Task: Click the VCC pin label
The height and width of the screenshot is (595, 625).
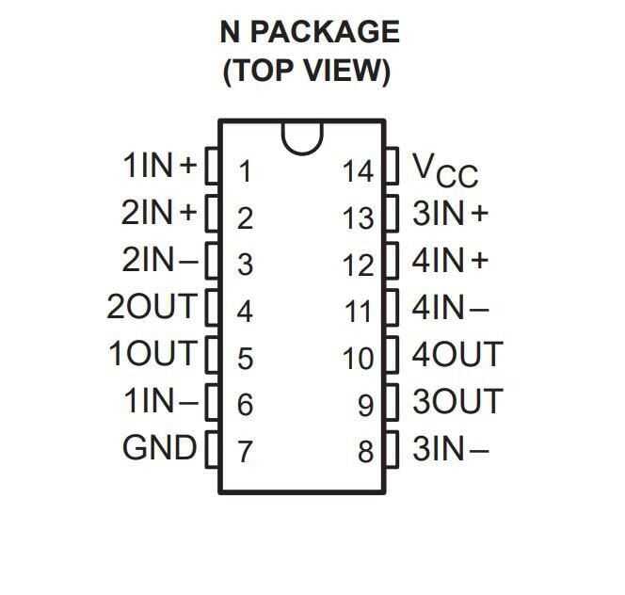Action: click(x=445, y=169)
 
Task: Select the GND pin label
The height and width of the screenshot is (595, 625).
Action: click(x=159, y=447)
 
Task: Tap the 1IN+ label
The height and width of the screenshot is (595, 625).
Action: click(x=160, y=167)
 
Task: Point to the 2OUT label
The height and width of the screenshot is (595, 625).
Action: click(x=152, y=306)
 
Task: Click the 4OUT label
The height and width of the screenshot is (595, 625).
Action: click(x=457, y=354)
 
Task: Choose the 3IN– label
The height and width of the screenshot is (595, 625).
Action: click(x=451, y=449)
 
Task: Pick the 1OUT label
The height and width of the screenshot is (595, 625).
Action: click(x=152, y=354)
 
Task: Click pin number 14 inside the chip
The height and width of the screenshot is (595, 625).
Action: click(x=358, y=171)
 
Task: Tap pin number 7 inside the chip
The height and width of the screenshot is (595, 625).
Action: click(x=245, y=452)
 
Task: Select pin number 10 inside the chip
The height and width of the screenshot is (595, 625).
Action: click(x=358, y=359)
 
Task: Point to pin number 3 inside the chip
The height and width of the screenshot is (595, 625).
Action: click(x=245, y=265)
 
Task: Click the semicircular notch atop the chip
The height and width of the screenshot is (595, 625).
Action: click(x=302, y=137)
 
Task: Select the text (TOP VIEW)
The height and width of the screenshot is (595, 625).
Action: click(x=306, y=72)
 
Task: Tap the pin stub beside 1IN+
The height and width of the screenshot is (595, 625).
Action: click(x=213, y=167)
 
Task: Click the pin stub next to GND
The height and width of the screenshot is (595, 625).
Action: click(x=213, y=447)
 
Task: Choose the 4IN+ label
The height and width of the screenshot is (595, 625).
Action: click(x=451, y=260)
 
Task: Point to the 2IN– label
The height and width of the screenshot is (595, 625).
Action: click(x=160, y=260)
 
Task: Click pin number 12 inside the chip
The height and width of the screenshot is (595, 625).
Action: click(x=358, y=265)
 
